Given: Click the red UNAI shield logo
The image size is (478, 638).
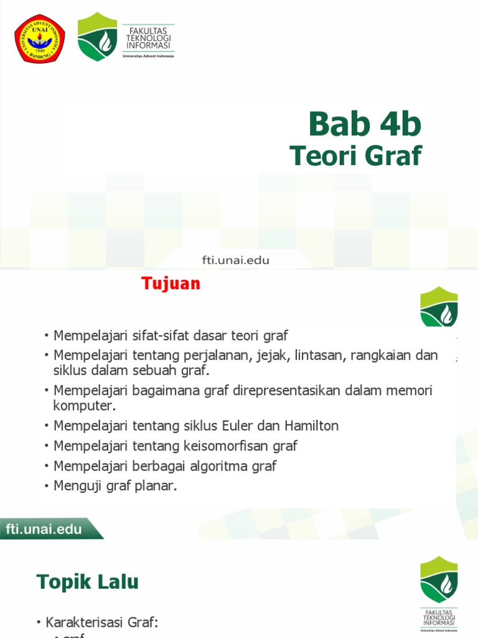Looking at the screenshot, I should [x=40, y=39].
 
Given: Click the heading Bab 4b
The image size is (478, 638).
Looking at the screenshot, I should [x=365, y=124].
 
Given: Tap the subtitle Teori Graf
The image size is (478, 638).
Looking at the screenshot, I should [x=356, y=156].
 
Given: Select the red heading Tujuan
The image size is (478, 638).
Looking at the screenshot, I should [x=171, y=283].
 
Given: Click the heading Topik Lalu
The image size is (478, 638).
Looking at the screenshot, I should [x=88, y=582].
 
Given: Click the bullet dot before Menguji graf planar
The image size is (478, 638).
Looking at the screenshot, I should [x=46, y=486].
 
